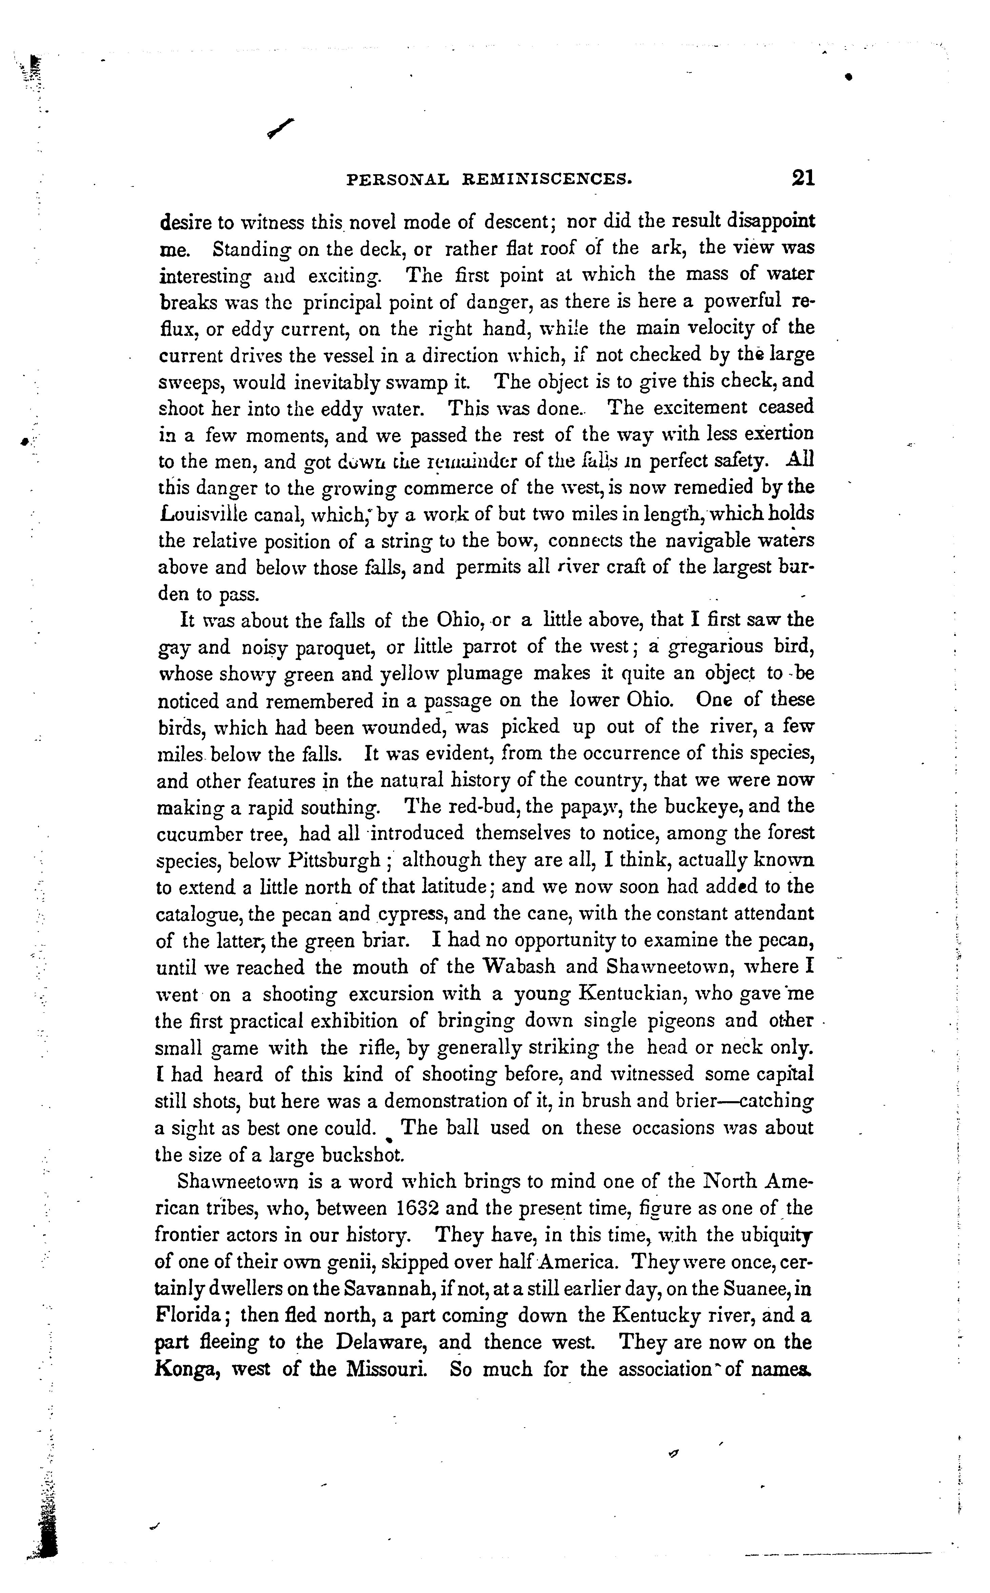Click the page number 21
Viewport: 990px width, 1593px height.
[x=802, y=178]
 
